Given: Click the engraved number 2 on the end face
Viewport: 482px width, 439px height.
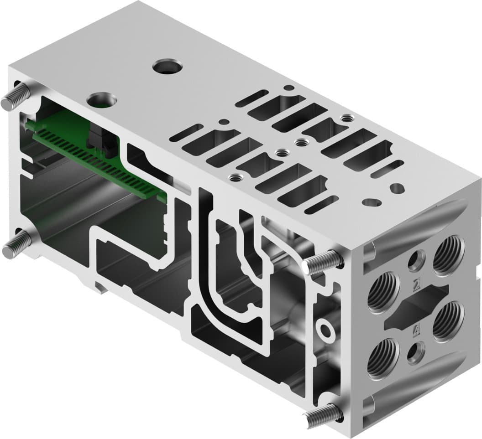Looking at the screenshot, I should tap(416, 285).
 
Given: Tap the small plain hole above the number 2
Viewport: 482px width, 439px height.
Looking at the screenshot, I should tap(416, 260).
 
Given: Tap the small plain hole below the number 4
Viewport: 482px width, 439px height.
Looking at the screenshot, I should tap(416, 351).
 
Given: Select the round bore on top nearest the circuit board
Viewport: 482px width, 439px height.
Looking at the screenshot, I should tap(102, 98).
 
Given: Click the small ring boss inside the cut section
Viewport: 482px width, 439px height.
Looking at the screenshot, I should tap(327, 328).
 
